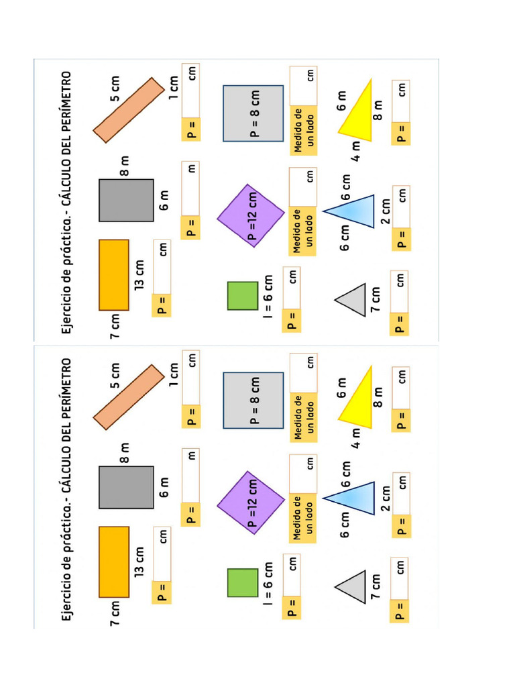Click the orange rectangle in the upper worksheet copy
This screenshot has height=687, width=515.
click(114, 274)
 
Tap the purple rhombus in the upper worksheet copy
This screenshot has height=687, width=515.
click(251, 215)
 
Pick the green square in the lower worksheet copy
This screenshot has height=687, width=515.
click(242, 582)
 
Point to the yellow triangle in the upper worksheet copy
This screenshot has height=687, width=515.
click(359, 111)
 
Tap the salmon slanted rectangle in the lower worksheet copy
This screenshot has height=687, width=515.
click(128, 397)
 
